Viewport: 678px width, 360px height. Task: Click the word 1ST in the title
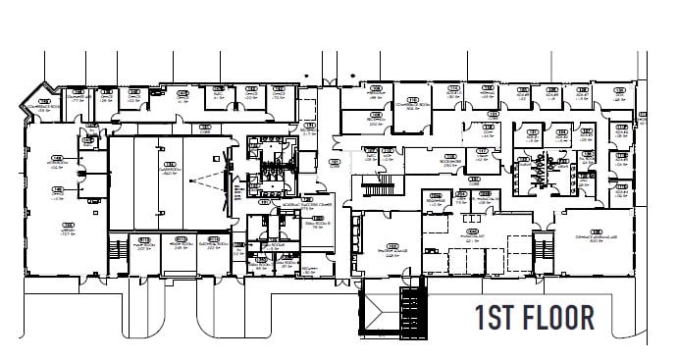pyautogui.click(x=496, y=319)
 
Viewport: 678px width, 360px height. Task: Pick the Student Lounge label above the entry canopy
pyautogui.click(x=392, y=247)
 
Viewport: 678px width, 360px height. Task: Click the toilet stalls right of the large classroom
pyautogui.click(x=264, y=167)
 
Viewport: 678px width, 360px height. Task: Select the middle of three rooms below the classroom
pyautogui.click(x=179, y=242)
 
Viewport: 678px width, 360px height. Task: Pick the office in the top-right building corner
pyautogui.click(x=618, y=96)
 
